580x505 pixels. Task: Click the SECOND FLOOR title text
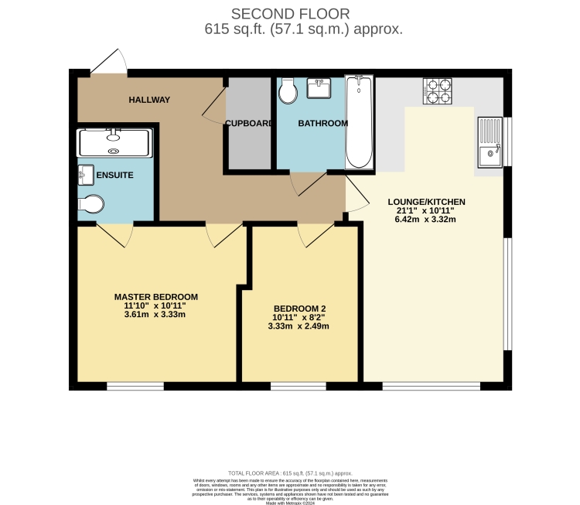coord(291,13)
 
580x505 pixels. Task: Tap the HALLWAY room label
coord(149,100)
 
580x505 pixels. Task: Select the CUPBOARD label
coord(248,123)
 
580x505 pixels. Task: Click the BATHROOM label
coord(322,123)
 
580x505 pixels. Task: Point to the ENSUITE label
coord(114,176)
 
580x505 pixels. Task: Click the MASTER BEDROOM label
coord(156,297)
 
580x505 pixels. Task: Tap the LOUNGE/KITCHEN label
coord(426,202)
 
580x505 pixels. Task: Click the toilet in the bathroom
coord(288,91)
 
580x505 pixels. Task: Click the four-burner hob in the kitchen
coord(438,91)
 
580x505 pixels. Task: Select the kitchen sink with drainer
coord(490,142)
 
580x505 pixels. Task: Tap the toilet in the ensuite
coord(90,204)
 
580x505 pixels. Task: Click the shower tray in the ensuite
coord(114,142)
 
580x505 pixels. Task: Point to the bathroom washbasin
coord(319,89)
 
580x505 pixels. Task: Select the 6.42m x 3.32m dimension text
coord(426,219)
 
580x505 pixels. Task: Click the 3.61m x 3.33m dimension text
coord(156,315)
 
